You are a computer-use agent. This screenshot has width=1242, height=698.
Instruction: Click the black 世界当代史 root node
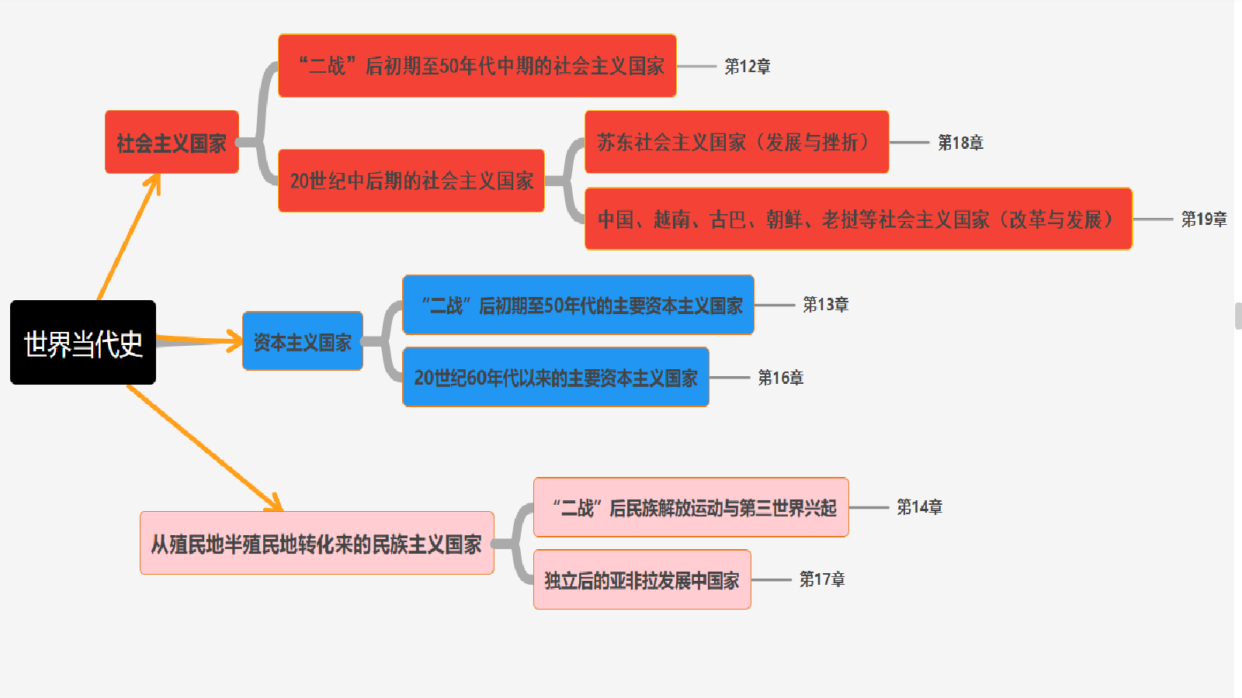[x=83, y=343]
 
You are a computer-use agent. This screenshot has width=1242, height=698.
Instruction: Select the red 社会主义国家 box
[x=172, y=143]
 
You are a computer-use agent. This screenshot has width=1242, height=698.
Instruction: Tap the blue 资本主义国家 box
[x=303, y=341]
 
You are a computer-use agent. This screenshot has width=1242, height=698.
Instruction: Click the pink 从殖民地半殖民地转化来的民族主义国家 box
[x=317, y=544]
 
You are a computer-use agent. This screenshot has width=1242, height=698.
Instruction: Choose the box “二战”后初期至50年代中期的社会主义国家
[x=477, y=66]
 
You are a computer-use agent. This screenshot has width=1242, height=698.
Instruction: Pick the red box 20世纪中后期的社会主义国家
[x=411, y=181]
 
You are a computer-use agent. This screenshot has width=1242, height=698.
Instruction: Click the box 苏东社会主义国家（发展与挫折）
[x=736, y=142]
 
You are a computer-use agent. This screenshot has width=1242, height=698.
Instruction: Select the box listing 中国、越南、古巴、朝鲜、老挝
[x=858, y=219]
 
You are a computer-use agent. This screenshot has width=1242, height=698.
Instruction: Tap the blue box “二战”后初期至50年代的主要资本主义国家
[x=578, y=305]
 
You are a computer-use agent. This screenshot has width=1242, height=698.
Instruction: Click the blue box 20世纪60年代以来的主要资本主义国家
[x=556, y=378]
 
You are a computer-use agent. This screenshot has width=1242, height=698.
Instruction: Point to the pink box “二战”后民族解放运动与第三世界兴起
[x=691, y=507]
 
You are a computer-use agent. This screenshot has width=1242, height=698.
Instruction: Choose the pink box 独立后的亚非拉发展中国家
[x=642, y=579]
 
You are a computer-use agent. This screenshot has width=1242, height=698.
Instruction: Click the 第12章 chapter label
[x=748, y=67]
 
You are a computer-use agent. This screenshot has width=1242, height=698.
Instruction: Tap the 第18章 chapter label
[x=960, y=143]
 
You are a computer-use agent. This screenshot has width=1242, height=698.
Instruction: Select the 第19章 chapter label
[x=1204, y=219]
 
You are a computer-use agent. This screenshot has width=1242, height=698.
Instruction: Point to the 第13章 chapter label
[x=825, y=305]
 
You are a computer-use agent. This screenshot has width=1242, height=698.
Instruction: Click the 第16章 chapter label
[x=780, y=378]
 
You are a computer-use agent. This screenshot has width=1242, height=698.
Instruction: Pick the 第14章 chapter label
[x=919, y=507]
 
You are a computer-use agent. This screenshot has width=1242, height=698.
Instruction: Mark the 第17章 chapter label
[x=822, y=579]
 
